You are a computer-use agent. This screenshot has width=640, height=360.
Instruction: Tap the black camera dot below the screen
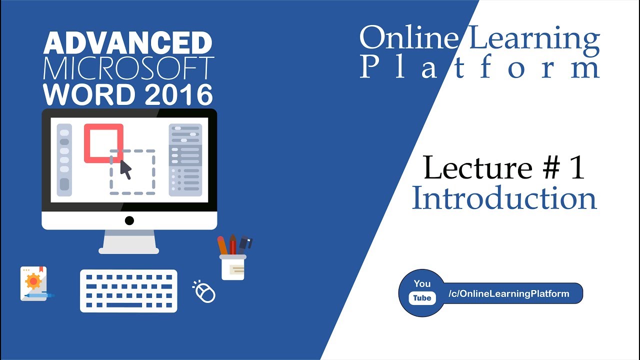click(x=129, y=220)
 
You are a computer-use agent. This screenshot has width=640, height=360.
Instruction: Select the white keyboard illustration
click(x=128, y=291)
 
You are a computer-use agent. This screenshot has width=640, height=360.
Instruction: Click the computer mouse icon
click(x=204, y=292)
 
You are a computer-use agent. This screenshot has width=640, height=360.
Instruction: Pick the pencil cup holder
click(x=233, y=266)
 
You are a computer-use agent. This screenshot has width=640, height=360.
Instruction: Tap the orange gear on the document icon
click(x=33, y=282)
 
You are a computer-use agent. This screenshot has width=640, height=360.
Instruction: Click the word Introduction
click(x=504, y=198)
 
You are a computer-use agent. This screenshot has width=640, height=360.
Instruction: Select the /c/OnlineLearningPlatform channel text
click(x=509, y=293)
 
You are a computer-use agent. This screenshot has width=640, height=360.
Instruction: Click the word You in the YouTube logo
click(x=422, y=283)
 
